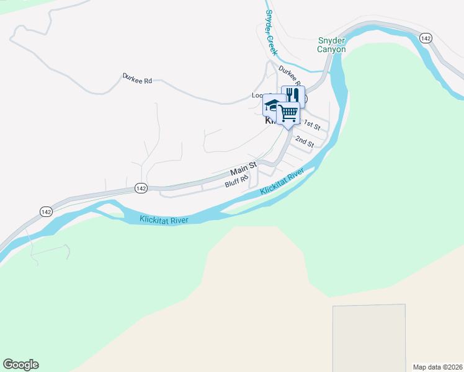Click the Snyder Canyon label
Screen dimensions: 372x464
331,45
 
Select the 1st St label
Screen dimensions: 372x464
312,126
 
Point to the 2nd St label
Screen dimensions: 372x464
305,142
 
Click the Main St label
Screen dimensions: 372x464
243,169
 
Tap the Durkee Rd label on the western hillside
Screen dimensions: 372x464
137,79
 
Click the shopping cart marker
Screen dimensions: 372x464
288,113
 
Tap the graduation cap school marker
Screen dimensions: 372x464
271,104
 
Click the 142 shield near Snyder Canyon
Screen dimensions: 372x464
425,38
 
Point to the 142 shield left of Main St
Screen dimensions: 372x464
141,188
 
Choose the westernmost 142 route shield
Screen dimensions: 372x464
45,211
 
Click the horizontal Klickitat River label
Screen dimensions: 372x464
164,219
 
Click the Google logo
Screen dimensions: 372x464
20,365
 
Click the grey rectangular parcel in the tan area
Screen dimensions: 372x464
369,338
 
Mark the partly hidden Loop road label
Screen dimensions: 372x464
257,95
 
